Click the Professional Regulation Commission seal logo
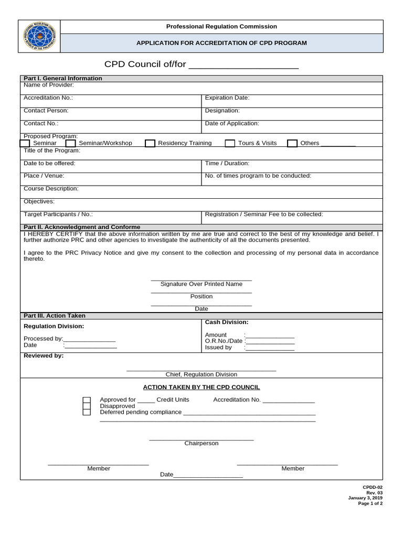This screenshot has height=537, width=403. pos(39,36)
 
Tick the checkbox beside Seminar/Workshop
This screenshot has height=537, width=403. pos(71,143)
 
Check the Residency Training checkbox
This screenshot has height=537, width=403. pos(150,143)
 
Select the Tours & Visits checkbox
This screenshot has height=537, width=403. pos(230,143)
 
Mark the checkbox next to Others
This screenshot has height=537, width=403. pos(292,143)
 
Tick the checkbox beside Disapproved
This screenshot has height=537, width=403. pos(87,406)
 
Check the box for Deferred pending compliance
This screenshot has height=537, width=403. pos(87,412)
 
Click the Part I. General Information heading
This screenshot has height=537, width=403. pos(63,78)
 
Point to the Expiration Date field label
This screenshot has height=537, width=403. pos(227,98)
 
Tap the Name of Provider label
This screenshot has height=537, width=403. pos(49,85)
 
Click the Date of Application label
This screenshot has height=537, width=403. pos(232,123)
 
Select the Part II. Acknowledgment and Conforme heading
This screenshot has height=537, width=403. pos(82,227)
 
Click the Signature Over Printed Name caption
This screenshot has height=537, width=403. pos(201,284)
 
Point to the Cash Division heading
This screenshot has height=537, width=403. pos(227,322)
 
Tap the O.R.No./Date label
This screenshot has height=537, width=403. pos(224,341)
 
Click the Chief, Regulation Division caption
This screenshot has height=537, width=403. pos(201,374)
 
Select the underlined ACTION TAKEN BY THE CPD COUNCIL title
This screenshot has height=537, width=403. pos(201,387)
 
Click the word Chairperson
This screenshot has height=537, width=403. pos(201,443)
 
